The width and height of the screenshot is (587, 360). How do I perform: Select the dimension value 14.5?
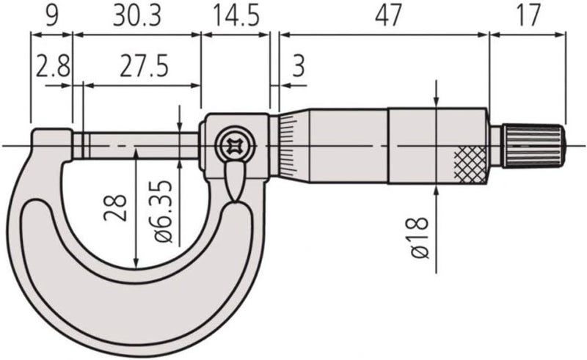(236, 15)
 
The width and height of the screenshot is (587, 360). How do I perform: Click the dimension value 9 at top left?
(51, 15)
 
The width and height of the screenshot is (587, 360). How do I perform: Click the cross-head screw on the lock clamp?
(236, 144)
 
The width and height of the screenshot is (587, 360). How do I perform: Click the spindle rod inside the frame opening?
(139, 144)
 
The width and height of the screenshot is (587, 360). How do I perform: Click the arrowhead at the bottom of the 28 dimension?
(136, 264)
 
